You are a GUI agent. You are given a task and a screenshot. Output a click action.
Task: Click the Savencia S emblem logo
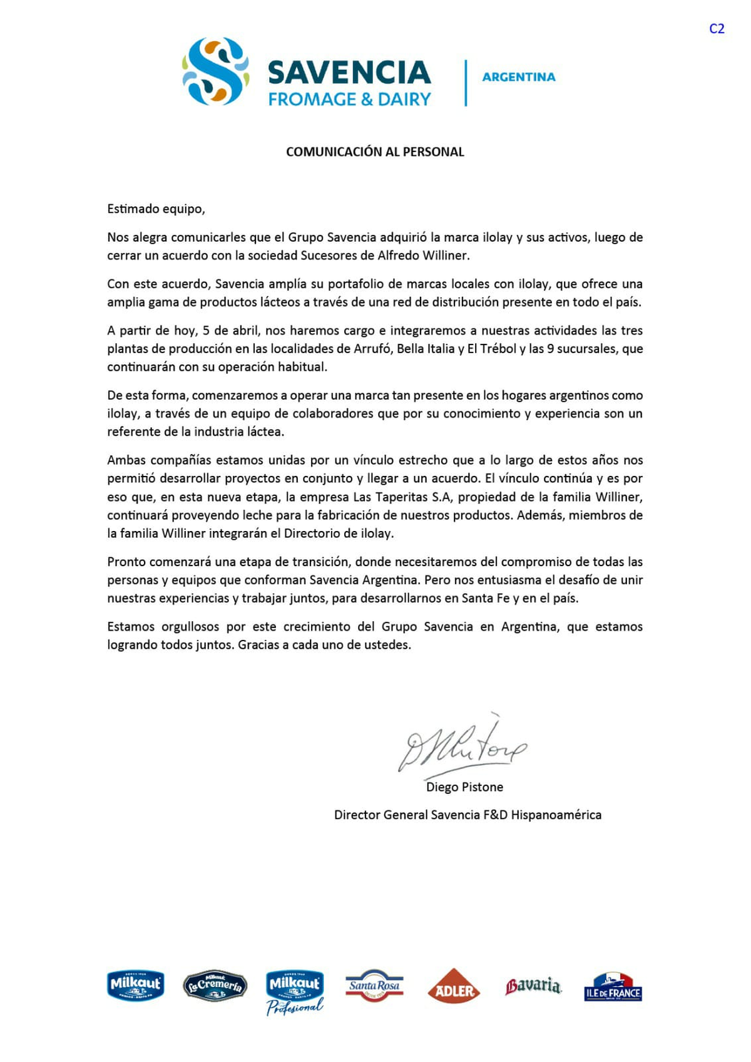pos(215,71)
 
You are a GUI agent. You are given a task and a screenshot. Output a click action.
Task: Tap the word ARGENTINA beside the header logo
pos(518,77)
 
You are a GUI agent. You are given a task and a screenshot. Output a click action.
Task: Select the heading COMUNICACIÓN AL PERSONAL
pos(375,152)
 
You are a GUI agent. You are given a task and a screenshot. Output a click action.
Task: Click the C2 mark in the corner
pos(717,29)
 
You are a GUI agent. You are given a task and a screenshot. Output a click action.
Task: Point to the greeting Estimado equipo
pos(156,209)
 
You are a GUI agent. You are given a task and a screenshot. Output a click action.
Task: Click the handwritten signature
pos(462,747)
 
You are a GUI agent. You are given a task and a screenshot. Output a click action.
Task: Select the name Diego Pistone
pos(464,787)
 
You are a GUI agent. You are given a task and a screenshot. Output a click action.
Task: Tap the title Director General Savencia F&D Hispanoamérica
pos(467,815)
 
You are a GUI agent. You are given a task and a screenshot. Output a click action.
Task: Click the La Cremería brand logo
pos(215,986)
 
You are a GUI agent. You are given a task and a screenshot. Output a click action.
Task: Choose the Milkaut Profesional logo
pos(295,992)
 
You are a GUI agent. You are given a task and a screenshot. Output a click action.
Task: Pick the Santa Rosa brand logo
pos(374,986)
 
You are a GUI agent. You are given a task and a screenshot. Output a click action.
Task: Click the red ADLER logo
pos(453,987)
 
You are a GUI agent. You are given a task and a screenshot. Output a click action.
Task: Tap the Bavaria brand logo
pos(533,986)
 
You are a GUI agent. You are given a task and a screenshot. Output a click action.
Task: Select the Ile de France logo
pos(613,987)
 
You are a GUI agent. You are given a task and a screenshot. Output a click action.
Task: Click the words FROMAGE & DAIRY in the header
pos(349,100)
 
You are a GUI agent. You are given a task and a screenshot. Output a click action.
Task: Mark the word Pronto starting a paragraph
pos(125,562)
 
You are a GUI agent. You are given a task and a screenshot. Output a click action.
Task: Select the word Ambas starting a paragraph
pos(126,460)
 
